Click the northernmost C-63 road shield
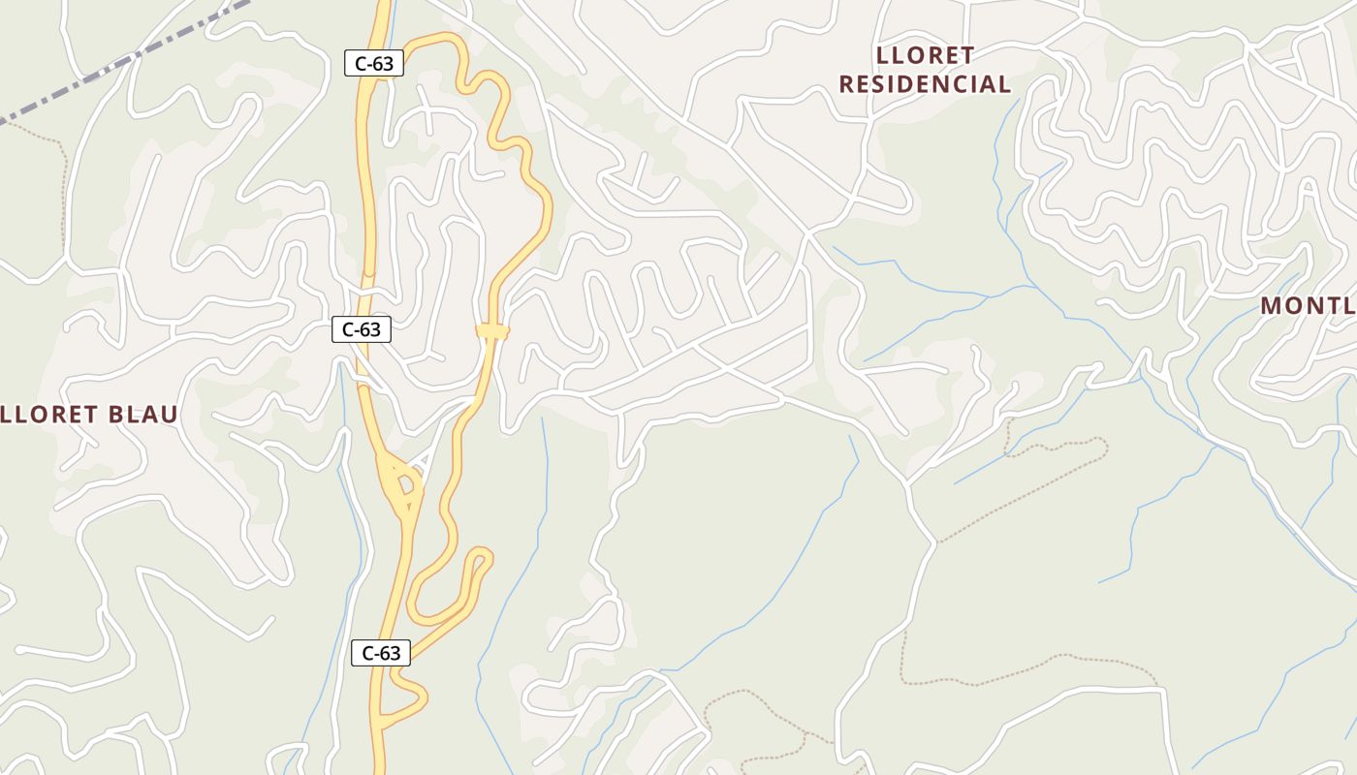pos(374,64)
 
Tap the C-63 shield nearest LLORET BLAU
pos(362,329)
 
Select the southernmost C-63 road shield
pos(381,653)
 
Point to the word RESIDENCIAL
pos(925,84)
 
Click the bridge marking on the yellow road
pos(492,331)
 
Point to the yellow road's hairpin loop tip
pos(482,556)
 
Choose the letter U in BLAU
pos(170,416)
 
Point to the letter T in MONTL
pos(1334,306)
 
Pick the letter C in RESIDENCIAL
pos(964,84)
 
